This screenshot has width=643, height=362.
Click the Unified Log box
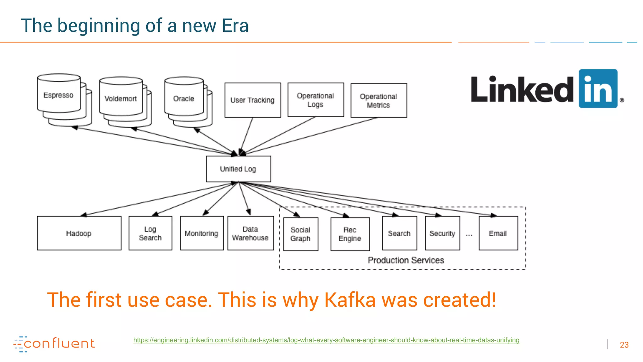tap(238, 169)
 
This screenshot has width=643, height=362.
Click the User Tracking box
tap(253, 100)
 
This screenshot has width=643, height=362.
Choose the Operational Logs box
tap(316, 100)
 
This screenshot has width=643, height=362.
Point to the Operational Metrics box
tap(379, 101)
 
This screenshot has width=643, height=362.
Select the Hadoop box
tap(79, 233)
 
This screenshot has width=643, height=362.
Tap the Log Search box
tap(150, 233)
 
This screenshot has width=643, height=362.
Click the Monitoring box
tap(202, 233)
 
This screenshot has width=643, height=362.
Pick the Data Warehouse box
tap(251, 233)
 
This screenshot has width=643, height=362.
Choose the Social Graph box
tap(300, 234)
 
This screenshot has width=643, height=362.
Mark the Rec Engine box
tap(350, 234)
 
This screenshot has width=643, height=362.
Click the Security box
tap(442, 233)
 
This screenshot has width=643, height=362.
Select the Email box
tap(498, 233)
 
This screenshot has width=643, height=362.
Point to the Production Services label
tap(406, 260)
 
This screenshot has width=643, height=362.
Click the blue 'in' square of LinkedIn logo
tap(598, 89)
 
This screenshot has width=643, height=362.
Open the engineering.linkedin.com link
tap(326, 340)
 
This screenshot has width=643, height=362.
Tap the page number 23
tap(624, 345)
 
